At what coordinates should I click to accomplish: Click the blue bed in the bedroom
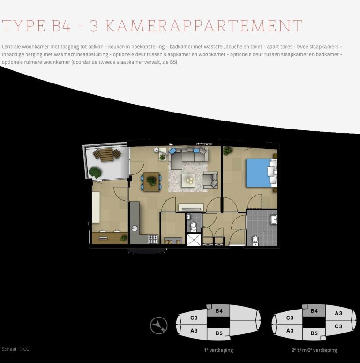(x=259, y=173)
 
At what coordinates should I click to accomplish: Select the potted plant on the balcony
(x=96, y=172)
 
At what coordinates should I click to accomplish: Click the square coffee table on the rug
(x=188, y=179)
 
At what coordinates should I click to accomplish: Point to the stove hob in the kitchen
(x=153, y=239)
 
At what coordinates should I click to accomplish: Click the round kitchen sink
(x=135, y=229)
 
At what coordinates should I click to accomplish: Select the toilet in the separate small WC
(x=194, y=227)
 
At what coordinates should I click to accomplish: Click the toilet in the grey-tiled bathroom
(x=255, y=240)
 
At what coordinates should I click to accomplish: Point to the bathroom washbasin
(x=274, y=219)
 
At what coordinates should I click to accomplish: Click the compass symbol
(x=159, y=325)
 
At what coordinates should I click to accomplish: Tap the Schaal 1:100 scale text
(x=15, y=349)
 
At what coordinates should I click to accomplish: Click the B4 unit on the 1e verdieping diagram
(x=218, y=311)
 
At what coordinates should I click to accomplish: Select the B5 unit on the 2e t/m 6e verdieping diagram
(x=313, y=333)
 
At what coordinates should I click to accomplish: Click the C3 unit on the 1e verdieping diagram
(x=194, y=318)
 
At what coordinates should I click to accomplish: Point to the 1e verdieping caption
(x=218, y=350)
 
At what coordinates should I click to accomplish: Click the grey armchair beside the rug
(x=210, y=179)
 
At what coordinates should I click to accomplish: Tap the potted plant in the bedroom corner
(x=228, y=151)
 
